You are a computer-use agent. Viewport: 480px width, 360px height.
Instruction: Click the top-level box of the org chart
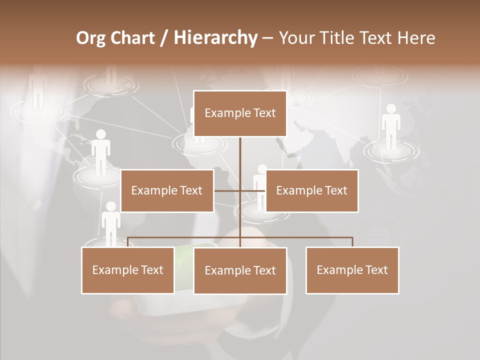coord(240,113)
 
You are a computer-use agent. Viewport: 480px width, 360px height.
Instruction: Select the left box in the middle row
coord(167,190)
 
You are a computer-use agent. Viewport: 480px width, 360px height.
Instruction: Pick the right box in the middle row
coord(311,190)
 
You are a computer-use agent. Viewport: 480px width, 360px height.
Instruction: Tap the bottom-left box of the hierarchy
coord(128,270)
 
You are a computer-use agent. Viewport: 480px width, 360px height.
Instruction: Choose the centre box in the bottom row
coord(240,270)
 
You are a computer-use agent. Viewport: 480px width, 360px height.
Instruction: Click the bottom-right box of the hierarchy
coord(352,270)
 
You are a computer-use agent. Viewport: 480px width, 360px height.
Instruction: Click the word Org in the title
coord(90,38)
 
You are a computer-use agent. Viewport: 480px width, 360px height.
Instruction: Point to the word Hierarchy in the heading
coord(215,38)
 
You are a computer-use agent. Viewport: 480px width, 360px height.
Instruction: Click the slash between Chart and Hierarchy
coord(164,38)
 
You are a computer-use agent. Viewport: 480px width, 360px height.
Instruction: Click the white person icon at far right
coord(391,127)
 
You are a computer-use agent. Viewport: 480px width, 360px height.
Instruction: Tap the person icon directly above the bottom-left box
coord(110,222)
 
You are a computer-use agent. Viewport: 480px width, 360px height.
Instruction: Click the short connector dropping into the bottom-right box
coord(352,242)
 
